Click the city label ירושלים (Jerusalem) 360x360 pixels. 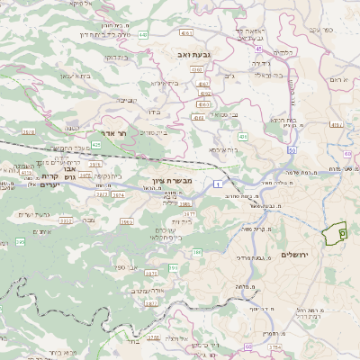pyautogui.click(x=294, y=255)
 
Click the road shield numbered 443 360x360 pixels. pyautogui.click(x=143, y=35)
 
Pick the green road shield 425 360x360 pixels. pyautogui.click(x=96, y=144)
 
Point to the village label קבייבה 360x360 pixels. pyautogui.click(x=127, y=99)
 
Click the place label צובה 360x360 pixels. pyautogui.click(x=87, y=219)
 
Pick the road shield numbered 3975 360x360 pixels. pyautogui.click(x=129, y=221)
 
